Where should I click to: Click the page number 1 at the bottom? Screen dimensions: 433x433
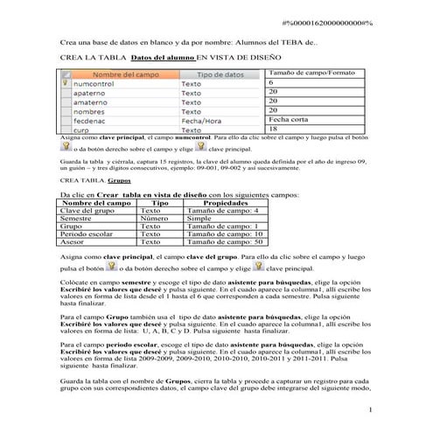371,409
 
